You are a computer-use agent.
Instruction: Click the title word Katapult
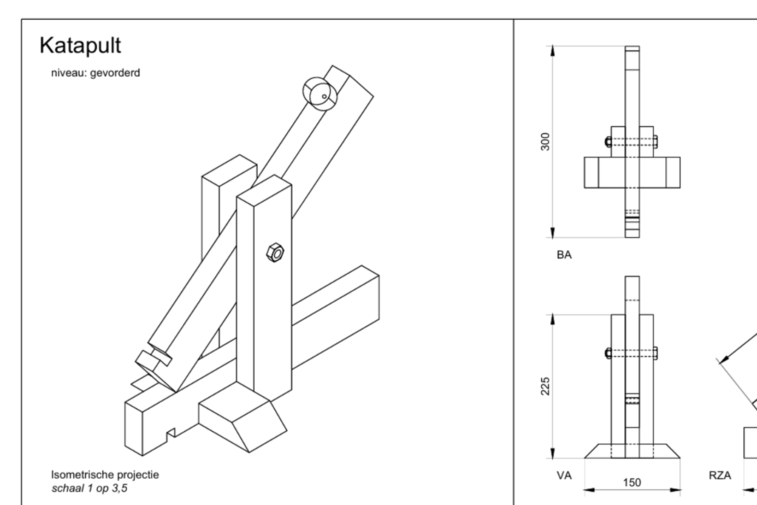80,46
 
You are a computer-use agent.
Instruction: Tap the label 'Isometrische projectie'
104,474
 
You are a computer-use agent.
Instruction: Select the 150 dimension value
632,482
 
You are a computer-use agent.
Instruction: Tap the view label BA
564,254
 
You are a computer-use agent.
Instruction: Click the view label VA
564,475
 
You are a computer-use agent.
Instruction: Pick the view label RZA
721,475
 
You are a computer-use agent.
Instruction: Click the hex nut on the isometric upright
274,253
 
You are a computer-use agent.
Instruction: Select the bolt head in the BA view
608,142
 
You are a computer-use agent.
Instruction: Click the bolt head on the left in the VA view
608,353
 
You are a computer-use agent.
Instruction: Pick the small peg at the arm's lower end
152,361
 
